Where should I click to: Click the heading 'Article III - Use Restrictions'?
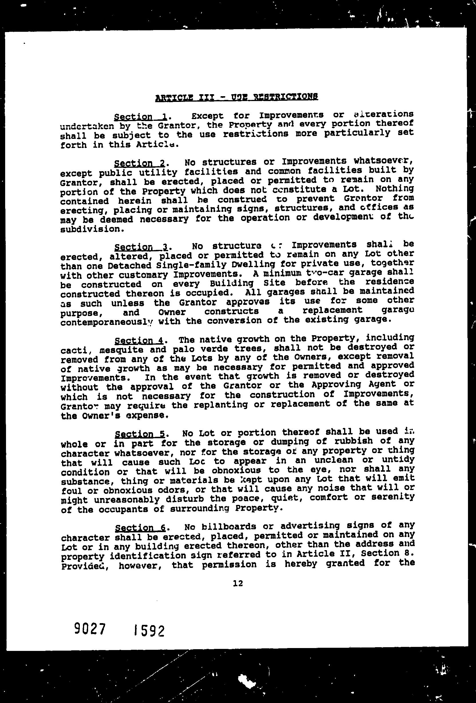point(236,97)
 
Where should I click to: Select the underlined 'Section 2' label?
point(139,163)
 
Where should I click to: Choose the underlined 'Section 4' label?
point(139,341)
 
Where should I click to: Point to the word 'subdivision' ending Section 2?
point(92,229)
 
